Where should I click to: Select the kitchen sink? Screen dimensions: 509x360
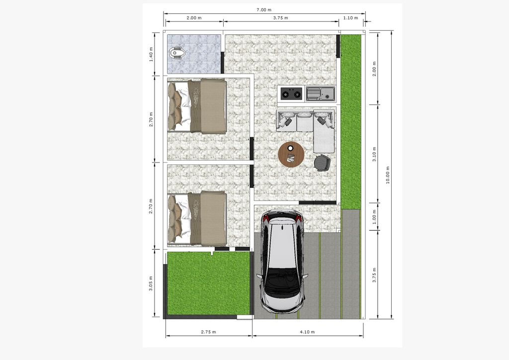pos(320,93)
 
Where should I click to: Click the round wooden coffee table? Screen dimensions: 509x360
pos(291,154)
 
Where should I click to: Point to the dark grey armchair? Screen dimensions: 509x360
pos(322,163)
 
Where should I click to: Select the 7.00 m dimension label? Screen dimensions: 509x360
pos(264,10)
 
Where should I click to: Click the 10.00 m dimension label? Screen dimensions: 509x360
pos(388,176)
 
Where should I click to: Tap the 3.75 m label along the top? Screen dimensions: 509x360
pos(280,18)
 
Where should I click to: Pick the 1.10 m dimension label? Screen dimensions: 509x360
pos(350,18)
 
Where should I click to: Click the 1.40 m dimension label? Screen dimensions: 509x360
pos(151,55)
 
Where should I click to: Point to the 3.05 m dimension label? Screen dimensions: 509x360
pos(151,283)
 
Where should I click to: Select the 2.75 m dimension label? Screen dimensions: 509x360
pos(208,332)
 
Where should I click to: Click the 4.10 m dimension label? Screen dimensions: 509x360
pos(307,332)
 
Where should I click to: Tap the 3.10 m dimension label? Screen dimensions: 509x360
pos(374,154)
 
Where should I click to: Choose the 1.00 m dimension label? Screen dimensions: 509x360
pos(374,217)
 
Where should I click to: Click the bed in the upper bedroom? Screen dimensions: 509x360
pos(197,106)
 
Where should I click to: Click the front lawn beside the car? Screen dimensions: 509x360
pos(208,283)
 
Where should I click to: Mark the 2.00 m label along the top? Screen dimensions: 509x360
pos(194,18)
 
